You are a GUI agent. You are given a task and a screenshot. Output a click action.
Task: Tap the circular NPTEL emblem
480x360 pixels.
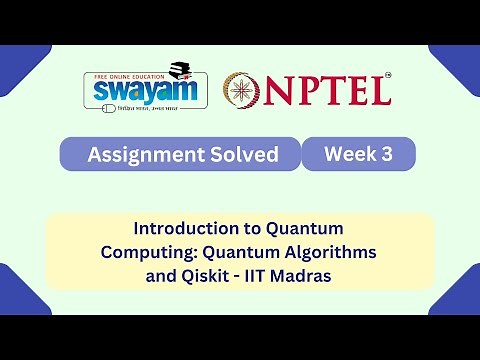(242, 90)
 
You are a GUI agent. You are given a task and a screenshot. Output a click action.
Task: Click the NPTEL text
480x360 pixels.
(327, 91)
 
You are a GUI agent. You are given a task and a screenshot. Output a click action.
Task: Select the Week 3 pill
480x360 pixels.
(358, 153)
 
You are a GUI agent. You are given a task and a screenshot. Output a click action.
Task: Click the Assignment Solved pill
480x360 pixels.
(180, 154)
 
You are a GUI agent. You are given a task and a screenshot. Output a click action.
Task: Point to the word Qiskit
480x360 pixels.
(211, 272)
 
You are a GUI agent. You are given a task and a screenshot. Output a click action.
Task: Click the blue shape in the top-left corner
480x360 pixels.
(20, 65)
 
